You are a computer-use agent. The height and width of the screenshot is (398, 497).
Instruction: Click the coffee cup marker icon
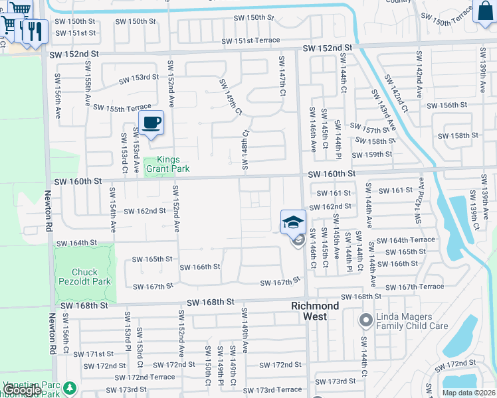[x=151, y=123]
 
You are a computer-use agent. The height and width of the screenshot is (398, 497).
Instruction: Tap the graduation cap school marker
[x=293, y=222]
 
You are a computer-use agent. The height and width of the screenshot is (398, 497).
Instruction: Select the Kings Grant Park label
[x=163, y=165]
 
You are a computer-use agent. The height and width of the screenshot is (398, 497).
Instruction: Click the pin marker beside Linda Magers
[x=365, y=322]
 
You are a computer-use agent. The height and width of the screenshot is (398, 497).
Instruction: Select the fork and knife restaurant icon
[x=33, y=30]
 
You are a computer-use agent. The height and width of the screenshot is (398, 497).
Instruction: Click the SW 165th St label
[x=152, y=259]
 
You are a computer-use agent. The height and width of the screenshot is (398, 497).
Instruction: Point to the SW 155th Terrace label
[x=122, y=107]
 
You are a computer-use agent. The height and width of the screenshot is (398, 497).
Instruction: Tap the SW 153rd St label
[x=139, y=78]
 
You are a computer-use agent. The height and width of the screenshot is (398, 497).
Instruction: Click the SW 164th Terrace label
[x=405, y=240]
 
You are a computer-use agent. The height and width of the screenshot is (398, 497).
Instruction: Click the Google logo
[x=21, y=390]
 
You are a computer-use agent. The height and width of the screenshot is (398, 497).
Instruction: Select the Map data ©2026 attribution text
[x=468, y=393]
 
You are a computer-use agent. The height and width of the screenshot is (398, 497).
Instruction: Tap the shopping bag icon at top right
[x=484, y=12]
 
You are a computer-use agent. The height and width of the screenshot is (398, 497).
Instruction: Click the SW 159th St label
[x=372, y=155]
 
